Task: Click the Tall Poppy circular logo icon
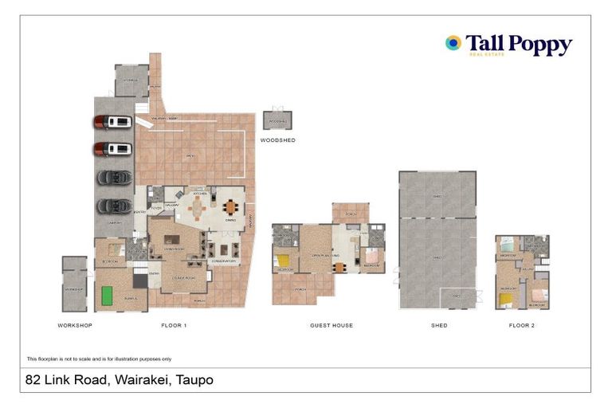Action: point(453,43)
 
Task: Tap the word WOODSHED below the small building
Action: point(278,140)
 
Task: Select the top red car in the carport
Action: point(112,122)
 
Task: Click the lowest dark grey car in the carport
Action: point(112,206)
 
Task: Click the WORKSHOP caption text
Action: point(75,326)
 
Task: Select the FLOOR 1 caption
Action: point(174,326)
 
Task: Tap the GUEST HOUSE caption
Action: point(331,326)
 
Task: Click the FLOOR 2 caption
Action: point(522,326)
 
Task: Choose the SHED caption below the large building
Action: point(438,326)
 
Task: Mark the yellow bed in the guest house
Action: point(284,260)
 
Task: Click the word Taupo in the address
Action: point(195,380)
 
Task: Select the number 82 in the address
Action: point(33,380)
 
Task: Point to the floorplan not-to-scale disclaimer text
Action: point(99,359)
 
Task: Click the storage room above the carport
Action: point(131,80)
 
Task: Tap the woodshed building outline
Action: point(278,120)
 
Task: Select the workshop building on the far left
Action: point(75,284)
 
